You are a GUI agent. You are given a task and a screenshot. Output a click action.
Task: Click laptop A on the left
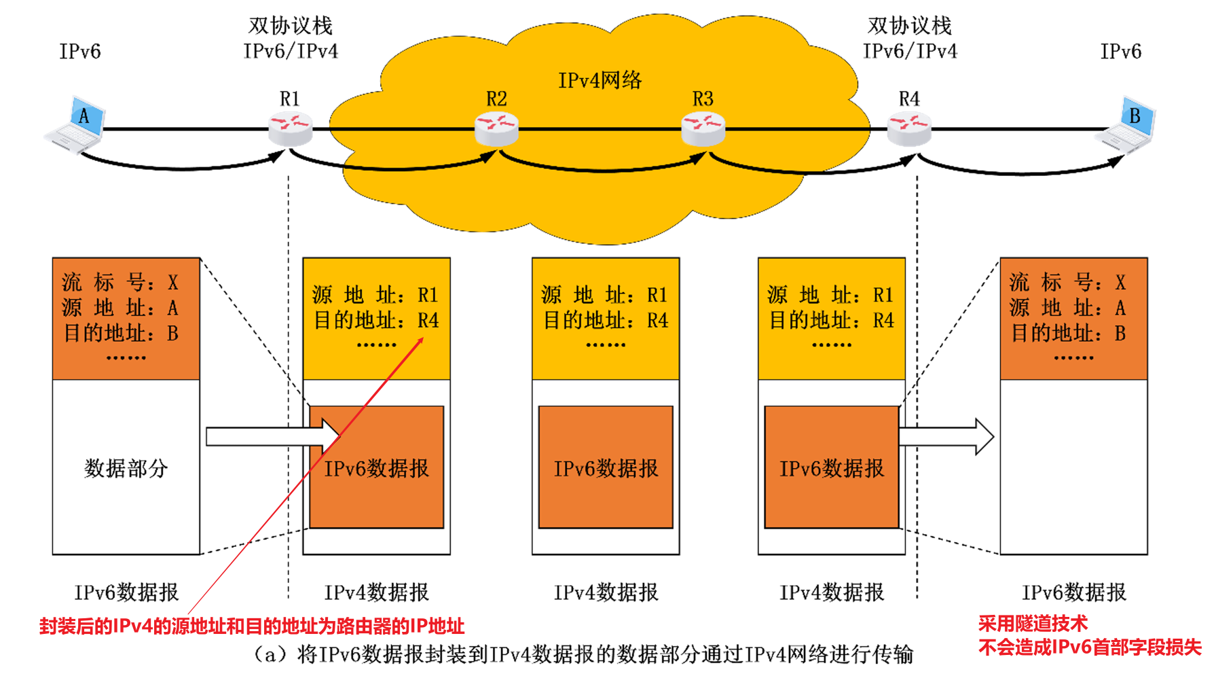tap(76, 124)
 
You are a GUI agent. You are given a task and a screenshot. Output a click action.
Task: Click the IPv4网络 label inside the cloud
tap(600, 80)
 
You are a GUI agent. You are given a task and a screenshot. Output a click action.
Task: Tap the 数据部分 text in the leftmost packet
tap(126, 468)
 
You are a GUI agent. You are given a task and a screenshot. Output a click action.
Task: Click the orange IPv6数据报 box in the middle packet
tap(606, 467)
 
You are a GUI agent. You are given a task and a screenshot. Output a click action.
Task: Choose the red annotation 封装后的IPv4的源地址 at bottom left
tap(251, 626)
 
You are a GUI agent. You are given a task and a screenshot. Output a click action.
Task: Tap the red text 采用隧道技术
tap(1032, 623)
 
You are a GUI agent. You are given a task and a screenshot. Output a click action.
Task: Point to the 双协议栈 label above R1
tap(291, 26)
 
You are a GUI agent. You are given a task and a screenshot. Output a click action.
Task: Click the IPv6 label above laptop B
tap(1120, 52)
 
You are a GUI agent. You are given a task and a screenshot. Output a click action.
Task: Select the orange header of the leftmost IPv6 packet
tap(126, 318)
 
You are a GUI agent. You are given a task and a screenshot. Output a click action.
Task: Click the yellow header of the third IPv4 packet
tap(831, 318)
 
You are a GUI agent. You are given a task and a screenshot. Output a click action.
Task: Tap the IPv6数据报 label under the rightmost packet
tap(1073, 592)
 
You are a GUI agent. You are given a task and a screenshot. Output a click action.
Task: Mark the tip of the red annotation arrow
tap(422, 338)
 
